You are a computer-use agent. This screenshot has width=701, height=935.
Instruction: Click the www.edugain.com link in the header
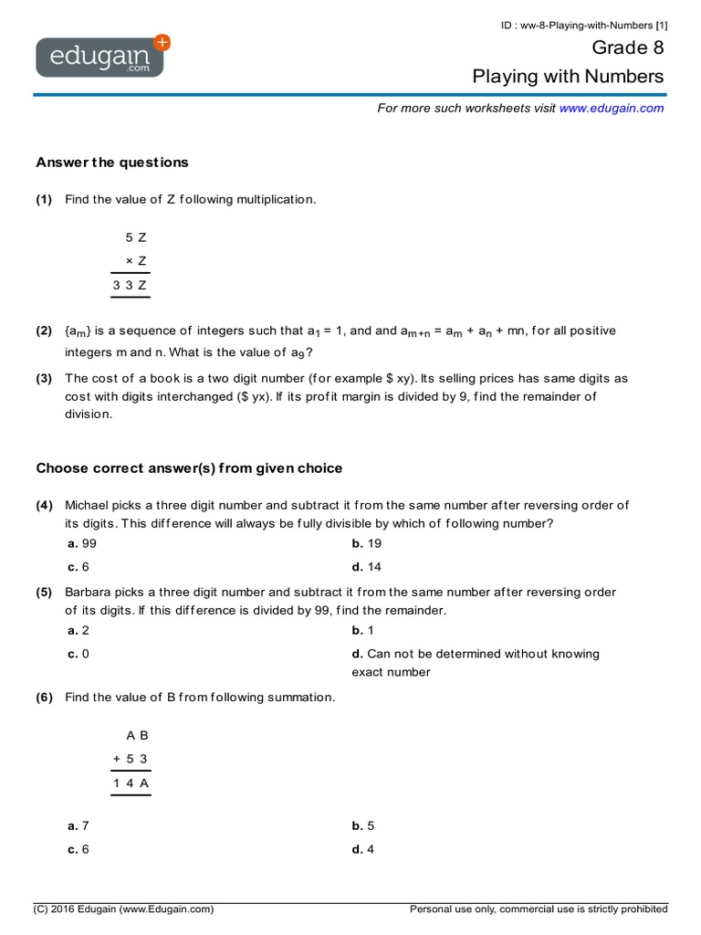611,108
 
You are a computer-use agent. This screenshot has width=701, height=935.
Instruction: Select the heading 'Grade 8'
628,47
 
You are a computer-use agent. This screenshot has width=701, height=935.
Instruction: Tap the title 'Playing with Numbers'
568,77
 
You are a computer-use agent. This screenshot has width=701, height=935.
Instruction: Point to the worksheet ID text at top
583,25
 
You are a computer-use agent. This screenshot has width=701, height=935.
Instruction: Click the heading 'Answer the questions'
111,163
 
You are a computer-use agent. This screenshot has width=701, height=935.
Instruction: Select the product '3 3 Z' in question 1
131,285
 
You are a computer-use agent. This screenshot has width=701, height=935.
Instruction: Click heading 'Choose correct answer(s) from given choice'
189,468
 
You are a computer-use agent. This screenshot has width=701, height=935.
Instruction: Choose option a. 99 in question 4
82,543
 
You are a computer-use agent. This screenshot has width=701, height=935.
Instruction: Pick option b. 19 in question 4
366,543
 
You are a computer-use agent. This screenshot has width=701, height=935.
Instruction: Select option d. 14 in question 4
366,567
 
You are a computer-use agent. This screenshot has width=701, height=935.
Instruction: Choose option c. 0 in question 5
78,654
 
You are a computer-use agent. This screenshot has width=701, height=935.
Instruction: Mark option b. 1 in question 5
362,630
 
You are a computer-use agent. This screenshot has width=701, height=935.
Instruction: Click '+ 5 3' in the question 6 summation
131,759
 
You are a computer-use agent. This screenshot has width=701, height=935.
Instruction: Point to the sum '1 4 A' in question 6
131,783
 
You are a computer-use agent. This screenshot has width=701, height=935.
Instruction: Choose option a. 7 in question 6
78,825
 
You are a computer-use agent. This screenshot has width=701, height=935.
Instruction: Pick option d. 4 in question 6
362,849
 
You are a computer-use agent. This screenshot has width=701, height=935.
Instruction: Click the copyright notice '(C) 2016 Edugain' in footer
123,909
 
